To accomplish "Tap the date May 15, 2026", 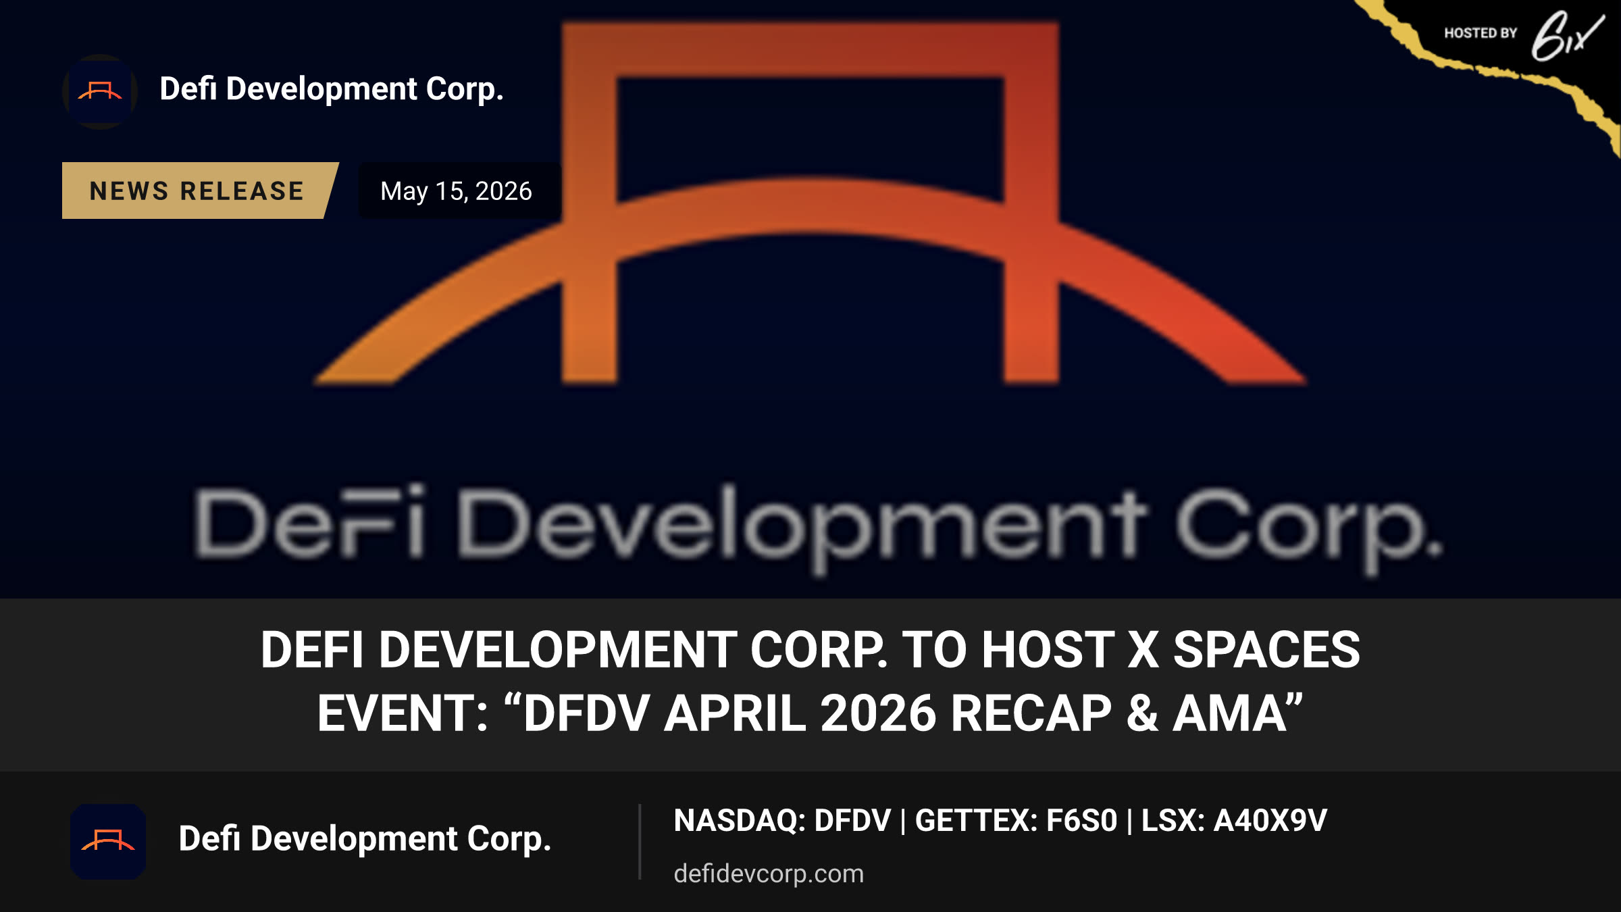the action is click(457, 191).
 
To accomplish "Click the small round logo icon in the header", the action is click(100, 91).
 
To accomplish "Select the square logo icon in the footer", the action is click(108, 841).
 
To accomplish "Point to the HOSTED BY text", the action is click(1481, 33).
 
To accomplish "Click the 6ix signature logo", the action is click(1567, 36).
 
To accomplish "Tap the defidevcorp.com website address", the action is click(769, 873).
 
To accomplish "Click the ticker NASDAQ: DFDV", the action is click(782, 821).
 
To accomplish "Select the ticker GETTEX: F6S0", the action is click(1016, 821).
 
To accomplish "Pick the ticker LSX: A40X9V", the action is click(1234, 821).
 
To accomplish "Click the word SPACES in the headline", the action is click(1266, 650).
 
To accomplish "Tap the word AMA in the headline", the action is click(1229, 713).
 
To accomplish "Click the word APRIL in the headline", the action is click(735, 713).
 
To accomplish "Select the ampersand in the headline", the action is click(1143, 713).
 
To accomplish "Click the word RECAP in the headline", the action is click(1031, 713).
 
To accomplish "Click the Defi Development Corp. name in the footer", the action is click(365, 839).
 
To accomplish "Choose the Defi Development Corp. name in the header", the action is click(332, 89).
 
